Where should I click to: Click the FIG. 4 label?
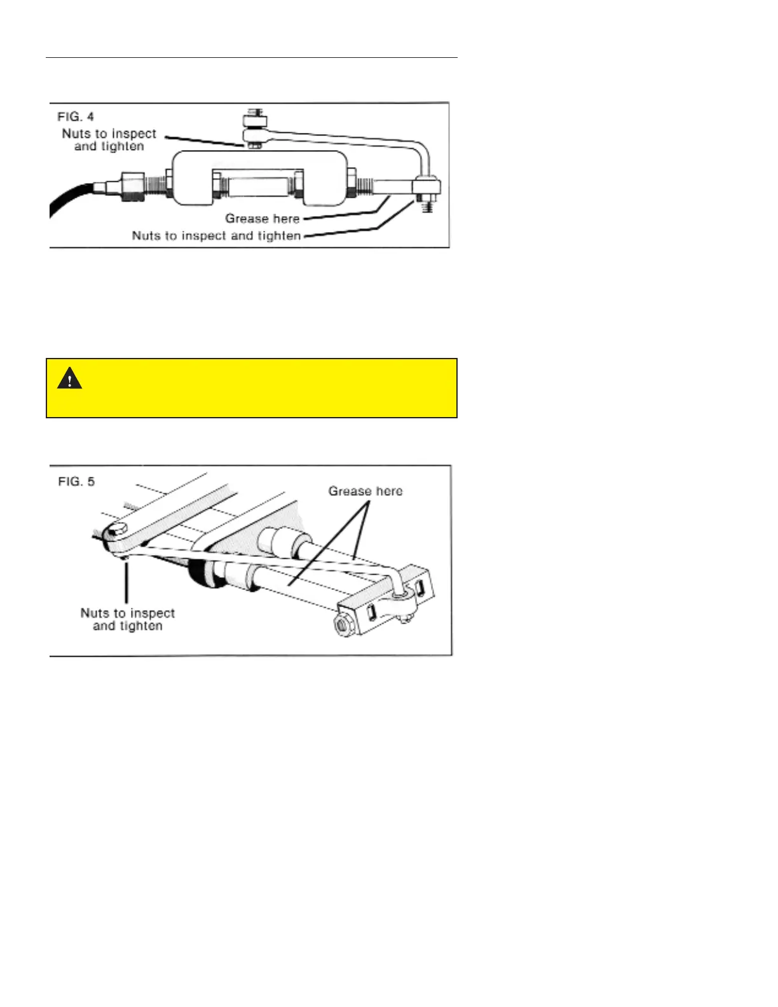(76, 116)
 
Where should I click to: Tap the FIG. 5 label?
(76, 481)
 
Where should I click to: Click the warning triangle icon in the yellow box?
(69, 379)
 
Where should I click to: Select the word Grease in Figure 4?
(247, 219)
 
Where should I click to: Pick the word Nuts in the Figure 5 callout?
(95, 613)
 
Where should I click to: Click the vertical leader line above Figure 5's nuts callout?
(126, 582)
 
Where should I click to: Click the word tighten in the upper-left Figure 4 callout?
(122, 147)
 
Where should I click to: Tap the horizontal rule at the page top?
(251, 58)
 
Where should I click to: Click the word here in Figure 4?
(286, 219)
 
